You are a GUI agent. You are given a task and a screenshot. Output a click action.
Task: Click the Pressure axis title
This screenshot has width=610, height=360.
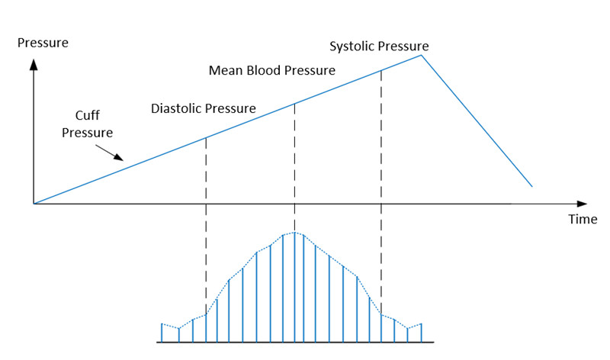point(43,43)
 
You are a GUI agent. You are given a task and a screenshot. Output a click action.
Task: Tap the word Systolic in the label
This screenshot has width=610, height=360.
point(352,47)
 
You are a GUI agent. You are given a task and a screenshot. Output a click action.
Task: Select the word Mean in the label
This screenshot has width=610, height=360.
point(225,71)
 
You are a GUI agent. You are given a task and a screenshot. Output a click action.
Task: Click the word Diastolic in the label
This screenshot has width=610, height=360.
point(177,108)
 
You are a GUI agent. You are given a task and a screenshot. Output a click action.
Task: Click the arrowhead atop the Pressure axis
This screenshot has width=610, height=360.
point(34,63)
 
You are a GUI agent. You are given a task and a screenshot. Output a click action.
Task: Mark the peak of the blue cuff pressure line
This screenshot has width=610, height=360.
point(420,54)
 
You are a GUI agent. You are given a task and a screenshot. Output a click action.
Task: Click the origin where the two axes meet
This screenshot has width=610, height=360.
point(34,204)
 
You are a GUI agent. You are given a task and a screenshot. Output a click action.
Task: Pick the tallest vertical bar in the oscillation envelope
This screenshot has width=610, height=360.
point(294,286)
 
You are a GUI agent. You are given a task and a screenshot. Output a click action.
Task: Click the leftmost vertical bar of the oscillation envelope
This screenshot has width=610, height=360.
point(162,333)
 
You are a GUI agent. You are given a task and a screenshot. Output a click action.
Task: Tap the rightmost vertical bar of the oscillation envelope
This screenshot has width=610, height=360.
point(420,333)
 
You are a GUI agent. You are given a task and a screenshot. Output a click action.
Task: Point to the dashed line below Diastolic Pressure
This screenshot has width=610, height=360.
point(206,229)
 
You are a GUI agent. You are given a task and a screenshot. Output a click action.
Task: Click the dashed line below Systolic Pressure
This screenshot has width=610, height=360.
point(380,191)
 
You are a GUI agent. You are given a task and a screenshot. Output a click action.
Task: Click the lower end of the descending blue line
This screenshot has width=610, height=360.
point(531,186)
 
